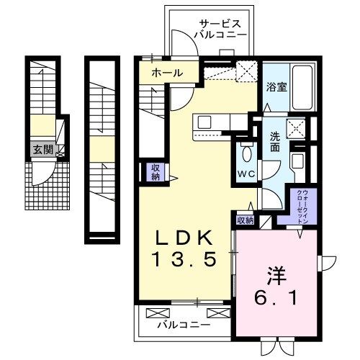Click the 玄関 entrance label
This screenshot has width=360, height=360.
[42, 150]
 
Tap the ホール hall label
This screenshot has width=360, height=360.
[166, 73]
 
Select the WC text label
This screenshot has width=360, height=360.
[247, 174]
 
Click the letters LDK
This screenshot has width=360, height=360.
[184, 239]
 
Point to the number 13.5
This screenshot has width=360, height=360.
[184, 261]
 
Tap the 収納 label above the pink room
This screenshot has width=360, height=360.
[246, 221]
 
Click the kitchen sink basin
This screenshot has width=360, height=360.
[204, 121]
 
